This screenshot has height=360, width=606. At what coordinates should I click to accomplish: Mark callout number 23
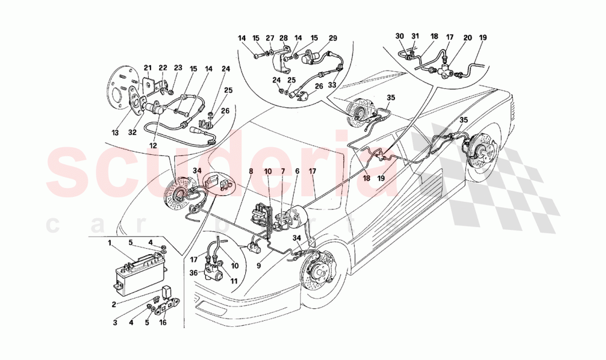pos(177,68)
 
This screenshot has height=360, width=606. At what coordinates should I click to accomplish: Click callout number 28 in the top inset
pos(284,39)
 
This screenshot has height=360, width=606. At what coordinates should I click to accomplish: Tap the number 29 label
pos(333,39)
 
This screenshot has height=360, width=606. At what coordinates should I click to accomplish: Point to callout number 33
pos(331,85)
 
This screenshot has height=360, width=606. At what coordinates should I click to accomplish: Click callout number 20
pos(467,37)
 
